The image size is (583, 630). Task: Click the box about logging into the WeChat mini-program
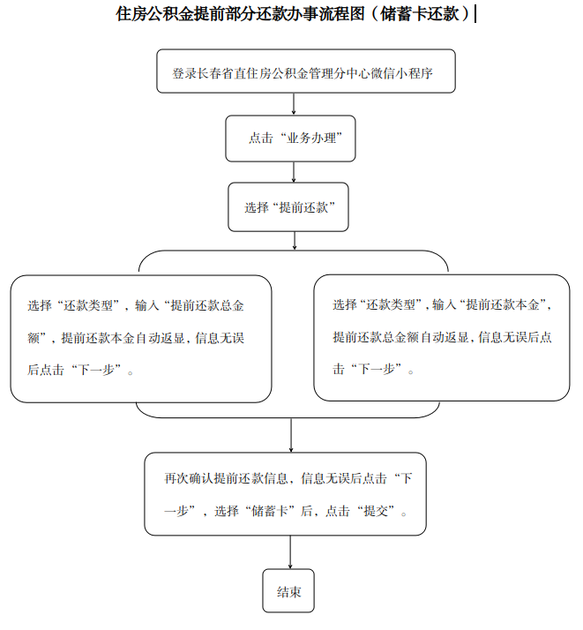coord(306,71)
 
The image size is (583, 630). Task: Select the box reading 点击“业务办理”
coord(290,139)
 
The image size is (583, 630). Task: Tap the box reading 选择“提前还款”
coord(288,207)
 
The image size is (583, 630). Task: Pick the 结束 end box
coord(288,590)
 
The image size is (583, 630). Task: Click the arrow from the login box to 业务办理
coord(294,104)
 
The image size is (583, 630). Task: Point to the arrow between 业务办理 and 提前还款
coord(294,172)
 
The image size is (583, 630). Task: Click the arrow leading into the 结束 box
coord(290,552)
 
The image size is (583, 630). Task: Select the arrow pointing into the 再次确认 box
coord(291,435)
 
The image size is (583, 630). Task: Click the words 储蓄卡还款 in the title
coord(419,13)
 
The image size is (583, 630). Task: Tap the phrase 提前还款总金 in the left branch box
coord(207,306)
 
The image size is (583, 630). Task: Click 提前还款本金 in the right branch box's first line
coord(502,305)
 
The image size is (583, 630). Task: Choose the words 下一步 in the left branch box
coord(96,370)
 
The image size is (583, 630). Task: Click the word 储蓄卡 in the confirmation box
coord(269,511)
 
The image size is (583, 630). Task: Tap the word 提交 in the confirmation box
coord(376,511)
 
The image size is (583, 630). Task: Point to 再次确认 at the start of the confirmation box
coord(189,478)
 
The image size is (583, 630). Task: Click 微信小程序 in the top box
coord(402,73)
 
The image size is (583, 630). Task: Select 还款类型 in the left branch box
coord(88,306)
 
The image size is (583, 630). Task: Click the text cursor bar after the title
coord(475,13)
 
